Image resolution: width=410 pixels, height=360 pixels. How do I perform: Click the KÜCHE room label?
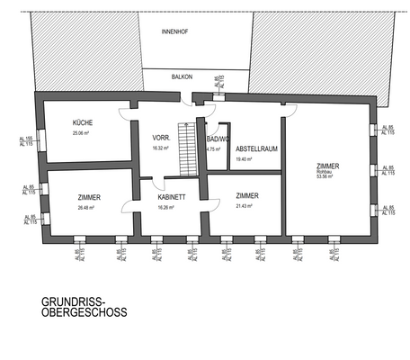pos(84,122)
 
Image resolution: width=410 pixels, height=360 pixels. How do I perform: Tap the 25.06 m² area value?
pos(83,133)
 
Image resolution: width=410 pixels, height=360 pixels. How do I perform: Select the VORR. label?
pos(162,138)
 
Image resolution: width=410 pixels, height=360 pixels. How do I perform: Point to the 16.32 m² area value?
pos(162,148)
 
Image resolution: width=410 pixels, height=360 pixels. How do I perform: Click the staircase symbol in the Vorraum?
pos(187,149)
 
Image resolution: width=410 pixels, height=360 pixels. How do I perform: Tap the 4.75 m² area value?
pos(214,148)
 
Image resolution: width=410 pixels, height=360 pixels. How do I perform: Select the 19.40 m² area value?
pos(244,159)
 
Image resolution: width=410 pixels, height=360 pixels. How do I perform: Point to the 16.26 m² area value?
pos(165,207)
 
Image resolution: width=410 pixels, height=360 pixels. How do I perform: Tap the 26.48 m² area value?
pos(87,207)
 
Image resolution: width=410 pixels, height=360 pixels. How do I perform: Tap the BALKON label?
pos(183,77)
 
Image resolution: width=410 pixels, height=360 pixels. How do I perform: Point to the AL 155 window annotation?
pos(26,139)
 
